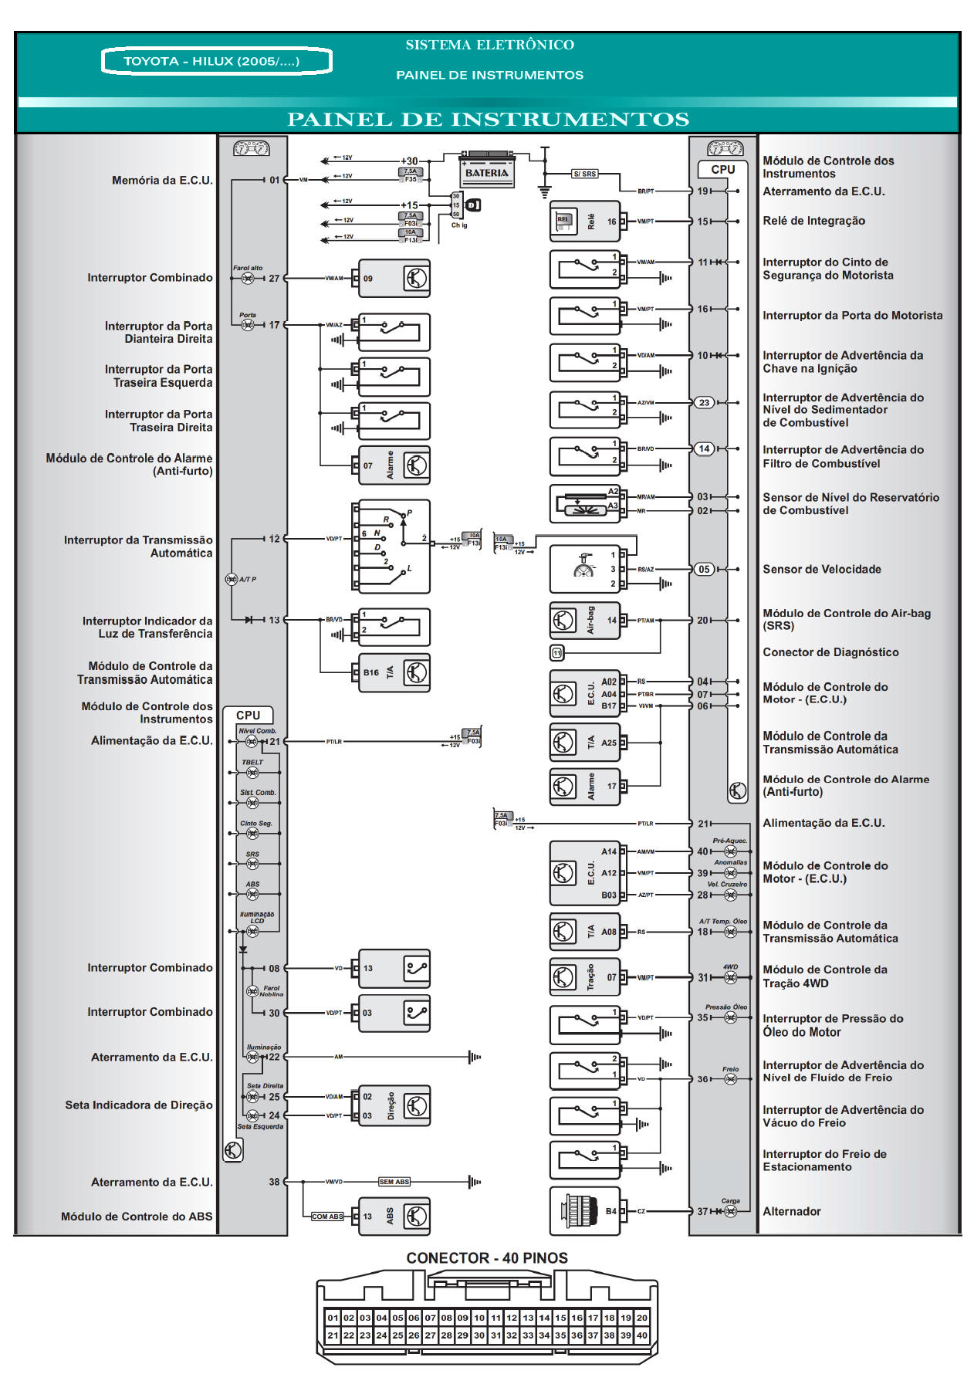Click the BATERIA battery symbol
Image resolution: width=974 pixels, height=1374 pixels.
tap(487, 171)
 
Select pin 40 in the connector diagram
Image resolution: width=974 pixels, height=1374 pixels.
tap(642, 1335)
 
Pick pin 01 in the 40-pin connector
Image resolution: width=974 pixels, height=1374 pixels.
tap(333, 1318)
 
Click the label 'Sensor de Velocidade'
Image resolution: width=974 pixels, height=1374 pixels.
tap(821, 569)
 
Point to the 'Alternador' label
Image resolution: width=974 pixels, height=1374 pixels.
tap(791, 1211)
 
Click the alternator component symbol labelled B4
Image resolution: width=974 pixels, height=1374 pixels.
tap(584, 1211)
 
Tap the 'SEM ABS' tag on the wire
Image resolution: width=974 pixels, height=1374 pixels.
tap(394, 1182)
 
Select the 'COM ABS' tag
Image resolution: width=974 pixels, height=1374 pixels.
tap(327, 1217)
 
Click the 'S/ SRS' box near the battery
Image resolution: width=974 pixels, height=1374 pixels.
tap(584, 174)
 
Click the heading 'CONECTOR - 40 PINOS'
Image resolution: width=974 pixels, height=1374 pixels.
tap(487, 1258)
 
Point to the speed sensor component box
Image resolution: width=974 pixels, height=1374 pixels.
tap(584, 569)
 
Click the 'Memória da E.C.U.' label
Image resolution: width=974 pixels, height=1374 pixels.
tap(162, 180)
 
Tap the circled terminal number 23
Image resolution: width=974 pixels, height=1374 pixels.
tap(704, 402)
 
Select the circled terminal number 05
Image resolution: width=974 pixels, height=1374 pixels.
tap(704, 569)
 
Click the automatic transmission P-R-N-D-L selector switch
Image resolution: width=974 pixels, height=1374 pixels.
tap(391, 546)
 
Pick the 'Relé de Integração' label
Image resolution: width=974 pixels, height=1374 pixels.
tap(813, 221)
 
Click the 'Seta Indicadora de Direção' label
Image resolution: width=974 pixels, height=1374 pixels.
tap(139, 1105)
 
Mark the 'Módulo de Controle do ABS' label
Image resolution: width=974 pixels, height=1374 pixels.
tap(137, 1217)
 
